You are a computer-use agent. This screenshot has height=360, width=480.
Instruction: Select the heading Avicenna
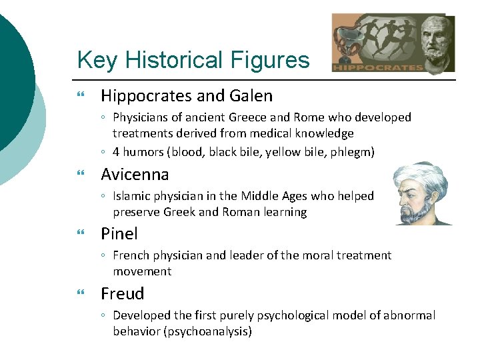tap(135, 175)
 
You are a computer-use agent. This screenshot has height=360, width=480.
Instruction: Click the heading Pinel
tap(119, 234)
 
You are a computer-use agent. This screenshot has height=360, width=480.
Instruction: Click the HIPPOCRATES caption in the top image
tap(377, 67)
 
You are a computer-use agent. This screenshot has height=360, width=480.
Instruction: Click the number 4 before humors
tap(117, 152)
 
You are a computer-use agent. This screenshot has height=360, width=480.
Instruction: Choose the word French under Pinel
tap(131, 255)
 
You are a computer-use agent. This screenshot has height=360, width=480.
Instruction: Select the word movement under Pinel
tap(142, 271)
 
